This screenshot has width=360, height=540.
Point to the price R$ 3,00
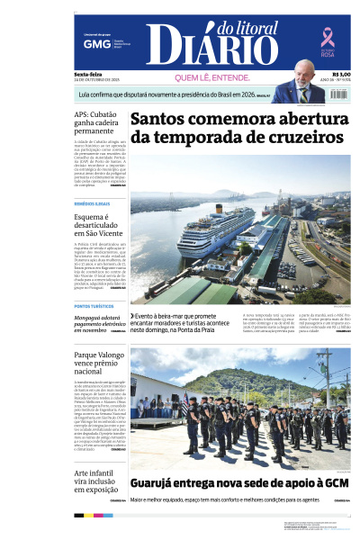(x=341, y=75)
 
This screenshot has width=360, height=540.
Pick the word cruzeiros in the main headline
(x=290, y=137)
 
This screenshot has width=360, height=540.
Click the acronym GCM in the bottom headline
(x=335, y=483)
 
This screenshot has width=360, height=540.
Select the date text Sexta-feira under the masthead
(x=88, y=74)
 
